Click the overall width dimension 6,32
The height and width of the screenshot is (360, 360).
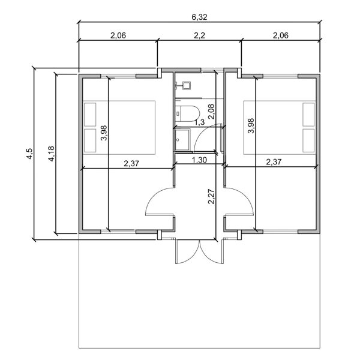[x=199, y=18]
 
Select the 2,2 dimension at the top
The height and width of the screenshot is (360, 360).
[x=199, y=35]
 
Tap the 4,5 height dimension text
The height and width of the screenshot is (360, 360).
[x=28, y=154]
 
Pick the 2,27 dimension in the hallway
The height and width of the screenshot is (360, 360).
[x=211, y=196]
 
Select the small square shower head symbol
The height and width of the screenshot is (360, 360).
[x=184, y=85]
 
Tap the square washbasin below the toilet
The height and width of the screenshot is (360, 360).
[x=182, y=140]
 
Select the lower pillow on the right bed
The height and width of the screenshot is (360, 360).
[x=310, y=139]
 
